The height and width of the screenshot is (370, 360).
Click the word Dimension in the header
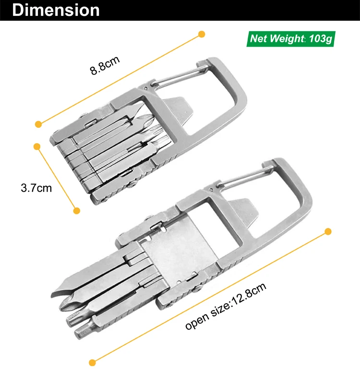coord(56,10)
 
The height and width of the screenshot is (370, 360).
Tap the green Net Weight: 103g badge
coord(291,39)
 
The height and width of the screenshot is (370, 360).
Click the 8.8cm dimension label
coord(105,65)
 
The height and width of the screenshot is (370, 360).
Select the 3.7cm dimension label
coord(36,188)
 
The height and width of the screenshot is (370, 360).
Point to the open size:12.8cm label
coord(226,306)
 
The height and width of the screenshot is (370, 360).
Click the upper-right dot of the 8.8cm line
coord(202,34)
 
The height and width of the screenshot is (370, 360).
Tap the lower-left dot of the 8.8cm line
coord(38,124)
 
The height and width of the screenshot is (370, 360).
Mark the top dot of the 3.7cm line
coord(37,147)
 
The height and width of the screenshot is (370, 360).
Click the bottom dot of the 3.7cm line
coord(77,211)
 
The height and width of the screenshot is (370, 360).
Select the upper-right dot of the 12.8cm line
coord(328,232)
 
